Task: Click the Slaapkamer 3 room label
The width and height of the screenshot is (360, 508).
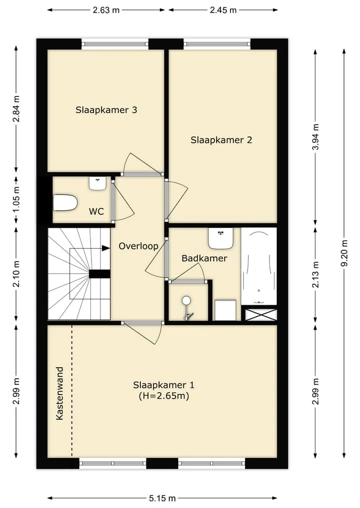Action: coord(106,110)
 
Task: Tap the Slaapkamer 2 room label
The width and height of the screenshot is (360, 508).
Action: coord(221,140)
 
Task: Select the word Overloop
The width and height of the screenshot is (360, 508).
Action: coord(138,246)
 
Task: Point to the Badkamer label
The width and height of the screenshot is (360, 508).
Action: coord(204,258)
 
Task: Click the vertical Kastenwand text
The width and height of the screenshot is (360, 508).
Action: coord(59,393)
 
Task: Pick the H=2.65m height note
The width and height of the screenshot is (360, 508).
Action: coord(164,396)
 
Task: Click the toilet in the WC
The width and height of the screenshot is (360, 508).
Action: coord(65,202)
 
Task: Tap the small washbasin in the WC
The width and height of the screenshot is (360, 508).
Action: coord(97,184)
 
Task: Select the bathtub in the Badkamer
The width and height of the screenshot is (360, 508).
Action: coord(259,266)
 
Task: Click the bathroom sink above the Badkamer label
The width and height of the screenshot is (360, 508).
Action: coord(221,238)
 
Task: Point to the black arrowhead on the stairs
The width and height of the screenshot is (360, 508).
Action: coord(105,248)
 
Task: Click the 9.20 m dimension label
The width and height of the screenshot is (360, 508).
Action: coord(344,253)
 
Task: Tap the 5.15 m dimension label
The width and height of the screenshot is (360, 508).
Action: coord(162,498)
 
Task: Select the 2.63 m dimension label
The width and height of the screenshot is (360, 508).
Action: coord(106,10)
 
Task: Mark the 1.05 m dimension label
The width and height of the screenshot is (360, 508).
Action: coord(16,199)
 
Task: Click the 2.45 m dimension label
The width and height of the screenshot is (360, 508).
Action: coord(223,10)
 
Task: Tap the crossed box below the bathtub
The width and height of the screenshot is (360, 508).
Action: coord(261,315)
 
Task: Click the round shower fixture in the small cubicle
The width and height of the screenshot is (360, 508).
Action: coord(186,300)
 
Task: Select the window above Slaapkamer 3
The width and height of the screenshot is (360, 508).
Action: coord(115,44)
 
